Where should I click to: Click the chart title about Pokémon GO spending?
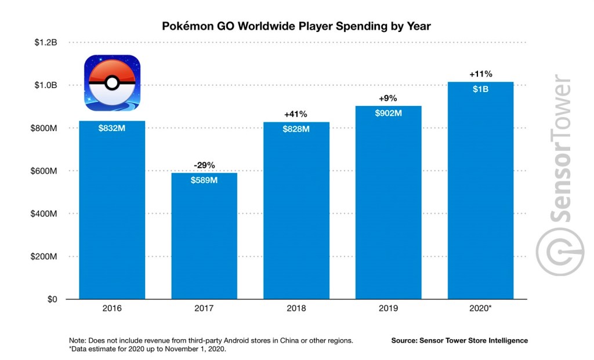296,27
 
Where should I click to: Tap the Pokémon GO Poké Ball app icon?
112,83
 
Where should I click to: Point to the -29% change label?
204,165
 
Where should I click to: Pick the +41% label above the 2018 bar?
296,114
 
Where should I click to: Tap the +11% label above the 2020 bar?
480,74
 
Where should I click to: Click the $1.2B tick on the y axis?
45,43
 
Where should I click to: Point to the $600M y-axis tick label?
44,171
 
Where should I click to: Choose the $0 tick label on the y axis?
52,299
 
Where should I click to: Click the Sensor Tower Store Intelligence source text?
459,340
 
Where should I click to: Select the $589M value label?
204,180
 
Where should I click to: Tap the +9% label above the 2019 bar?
389,99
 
